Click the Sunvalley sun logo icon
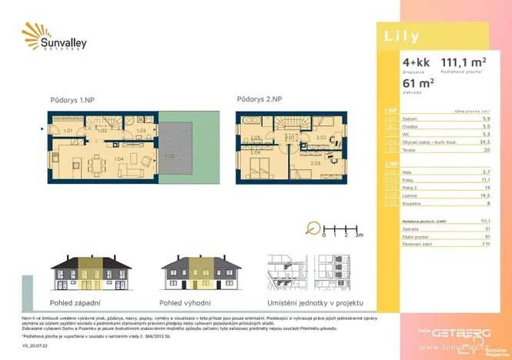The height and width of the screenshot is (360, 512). click(x=34, y=35)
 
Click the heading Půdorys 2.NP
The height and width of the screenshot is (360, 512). click(x=259, y=99)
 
